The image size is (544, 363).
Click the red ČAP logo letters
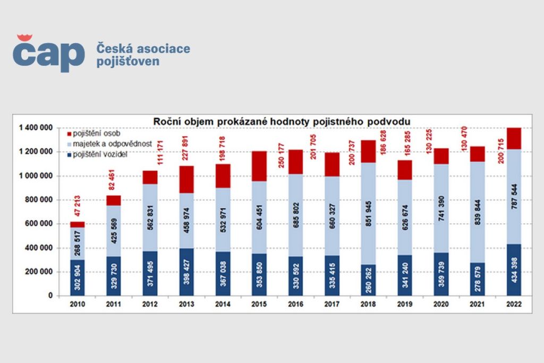pos(48,53)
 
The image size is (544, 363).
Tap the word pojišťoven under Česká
pos(127,62)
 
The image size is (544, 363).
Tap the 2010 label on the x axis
pos(78,305)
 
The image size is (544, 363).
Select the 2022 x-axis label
pos(514,305)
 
